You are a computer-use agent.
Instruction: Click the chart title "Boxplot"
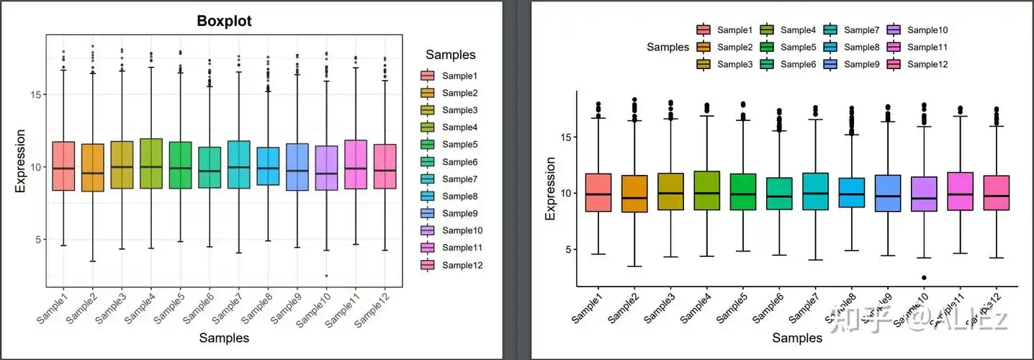223,22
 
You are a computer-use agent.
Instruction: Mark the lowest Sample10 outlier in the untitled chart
924,277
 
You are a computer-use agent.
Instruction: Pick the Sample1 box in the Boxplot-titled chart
63,166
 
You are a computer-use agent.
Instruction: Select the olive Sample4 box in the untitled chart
706,191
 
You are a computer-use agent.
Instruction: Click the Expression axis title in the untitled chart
551,188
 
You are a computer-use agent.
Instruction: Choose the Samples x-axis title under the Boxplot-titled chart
224,337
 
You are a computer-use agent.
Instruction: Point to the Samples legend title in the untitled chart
667,47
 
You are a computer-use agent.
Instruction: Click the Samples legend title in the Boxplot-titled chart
450,55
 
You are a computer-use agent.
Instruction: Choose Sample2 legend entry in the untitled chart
735,47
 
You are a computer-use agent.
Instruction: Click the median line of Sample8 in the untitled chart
850,194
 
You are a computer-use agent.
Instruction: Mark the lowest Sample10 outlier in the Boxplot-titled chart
326,276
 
